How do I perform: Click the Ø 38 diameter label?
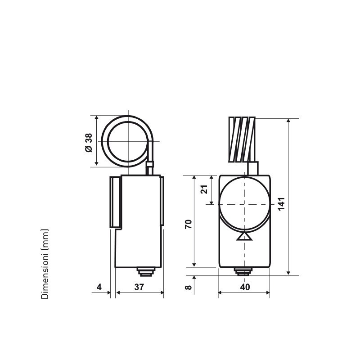(x=89, y=142)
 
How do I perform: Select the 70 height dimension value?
(x=189, y=224)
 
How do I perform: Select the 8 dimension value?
(x=189, y=287)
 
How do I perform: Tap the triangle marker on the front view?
(x=244, y=236)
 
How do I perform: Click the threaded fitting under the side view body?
(x=145, y=271)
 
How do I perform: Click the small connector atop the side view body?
(x=150, y=169)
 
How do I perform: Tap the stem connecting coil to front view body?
(x=253, y=168)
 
